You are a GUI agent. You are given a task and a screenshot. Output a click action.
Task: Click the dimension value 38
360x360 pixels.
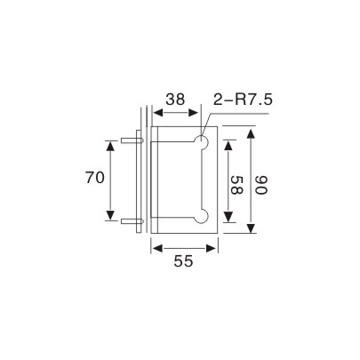(x=176, y=102)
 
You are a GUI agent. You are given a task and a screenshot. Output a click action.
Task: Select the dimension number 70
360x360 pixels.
(x=95, y=178)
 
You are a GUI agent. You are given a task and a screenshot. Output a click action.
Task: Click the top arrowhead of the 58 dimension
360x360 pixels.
(x=228, y=145)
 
